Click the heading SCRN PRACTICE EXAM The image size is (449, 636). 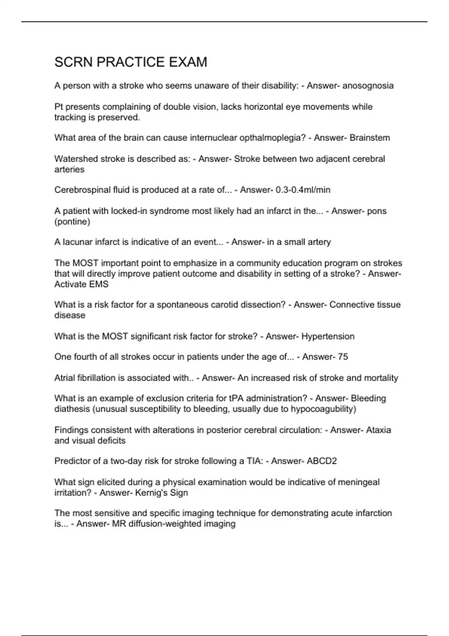click(131, 62)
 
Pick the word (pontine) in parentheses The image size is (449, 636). click(72, 221)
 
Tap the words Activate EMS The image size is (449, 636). click(81, 284)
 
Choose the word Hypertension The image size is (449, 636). click(328, 336)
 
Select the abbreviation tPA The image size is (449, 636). click(236, 398)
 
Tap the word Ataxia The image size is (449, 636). click(378, 430)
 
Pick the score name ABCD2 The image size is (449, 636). click(321, 461)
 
